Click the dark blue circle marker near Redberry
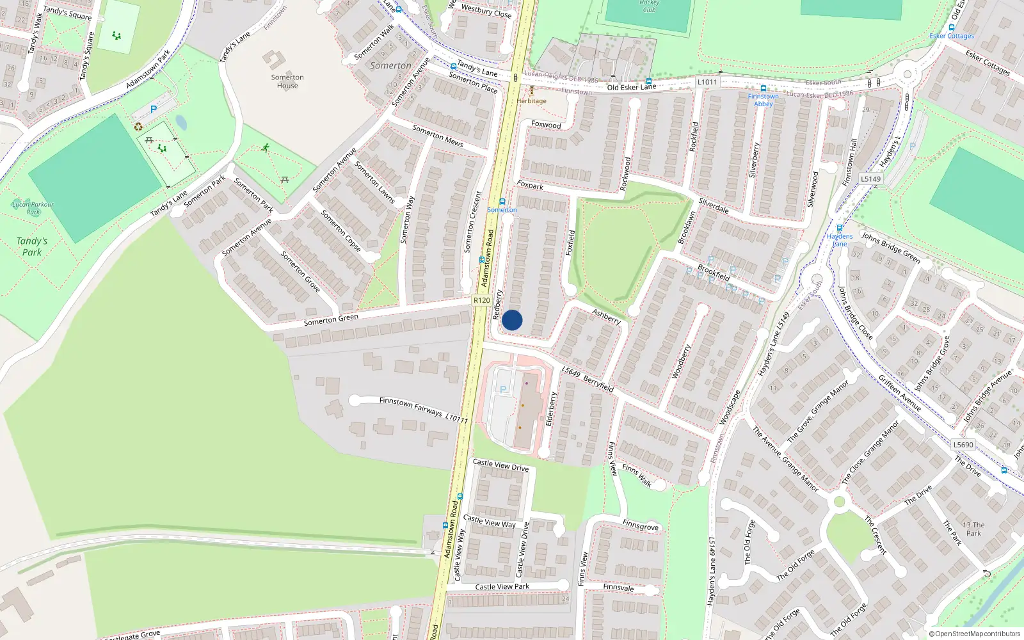click(512, 320)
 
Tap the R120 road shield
click(481, 300)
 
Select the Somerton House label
click(287, 81)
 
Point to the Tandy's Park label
click(32, 246)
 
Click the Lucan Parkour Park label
click(33, 208)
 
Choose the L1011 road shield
click(707, 82)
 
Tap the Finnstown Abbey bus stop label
click(763, 100)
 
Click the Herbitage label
click(532, 101)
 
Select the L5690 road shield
click(963, 445)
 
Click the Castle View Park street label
click(502, 586)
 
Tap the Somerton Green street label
click(331, 319)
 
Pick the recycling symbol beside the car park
click(138, 127)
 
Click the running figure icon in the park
click(265, 148)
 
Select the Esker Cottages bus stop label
click(952, 36)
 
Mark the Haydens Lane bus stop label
click(839, 240)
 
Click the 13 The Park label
click(973, 529)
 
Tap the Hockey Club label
click(649, 6)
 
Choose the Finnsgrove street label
click(640, 525)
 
